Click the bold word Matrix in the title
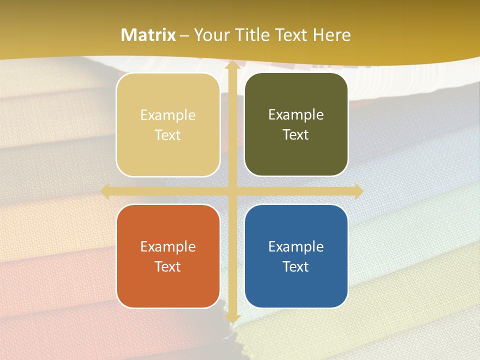click(148, 35)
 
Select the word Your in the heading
click(210, 35)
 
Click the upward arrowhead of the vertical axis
click(232, 66)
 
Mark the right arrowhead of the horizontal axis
click(358, 191)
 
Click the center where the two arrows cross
click(232, 191)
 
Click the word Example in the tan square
click(168, 115)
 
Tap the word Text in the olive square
click(296, 135)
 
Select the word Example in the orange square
click(168, 246)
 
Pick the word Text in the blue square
click(296, 266)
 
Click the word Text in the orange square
click(168, 266)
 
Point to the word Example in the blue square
click(296, 246)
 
